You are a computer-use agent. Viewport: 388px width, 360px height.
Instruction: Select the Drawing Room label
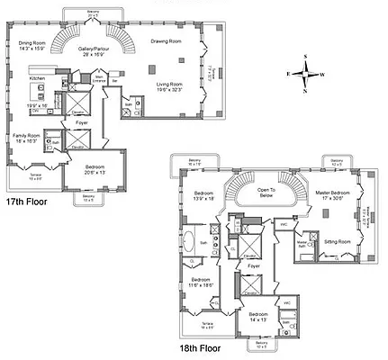pyautogui.click(x=167, y=41)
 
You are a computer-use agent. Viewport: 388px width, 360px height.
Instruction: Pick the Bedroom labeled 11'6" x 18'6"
pyautogui.click(x=200, y=281)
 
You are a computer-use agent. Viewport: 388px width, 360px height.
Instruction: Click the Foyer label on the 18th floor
pyautogui.click(x=254, y=266)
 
